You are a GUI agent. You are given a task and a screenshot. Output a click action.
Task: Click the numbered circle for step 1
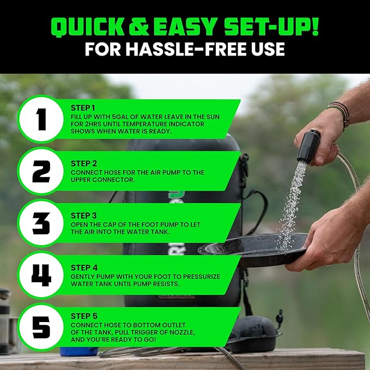tap(40, 119)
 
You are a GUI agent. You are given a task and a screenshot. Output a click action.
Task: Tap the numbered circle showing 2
tap(40, 171)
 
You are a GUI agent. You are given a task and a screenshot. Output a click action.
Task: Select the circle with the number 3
tap(40, 223)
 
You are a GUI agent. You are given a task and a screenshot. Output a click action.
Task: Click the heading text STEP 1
tap(83, 108)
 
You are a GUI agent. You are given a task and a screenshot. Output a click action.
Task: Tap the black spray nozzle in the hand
tap(308, 146)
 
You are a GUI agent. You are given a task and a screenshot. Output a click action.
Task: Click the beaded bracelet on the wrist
tap(341, 113)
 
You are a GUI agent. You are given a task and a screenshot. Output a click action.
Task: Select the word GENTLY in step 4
tap(84, 277)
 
